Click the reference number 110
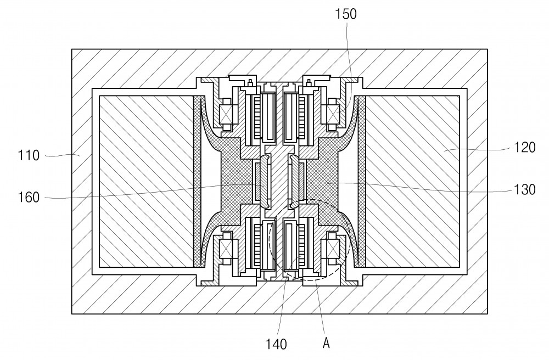[x=29, y=155]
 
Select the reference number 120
[x=524, y=147]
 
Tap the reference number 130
[x=524, y=189]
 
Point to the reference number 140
[x=276, y=344]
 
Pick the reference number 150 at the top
[x=346, y=14]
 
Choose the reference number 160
[x=29, y=198]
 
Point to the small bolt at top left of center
[x=250, y=83]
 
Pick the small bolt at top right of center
[x=309, y=83]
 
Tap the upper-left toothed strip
[x=256, y=116]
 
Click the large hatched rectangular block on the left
[x=147, y=181]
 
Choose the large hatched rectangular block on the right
[x=412, y=181]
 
